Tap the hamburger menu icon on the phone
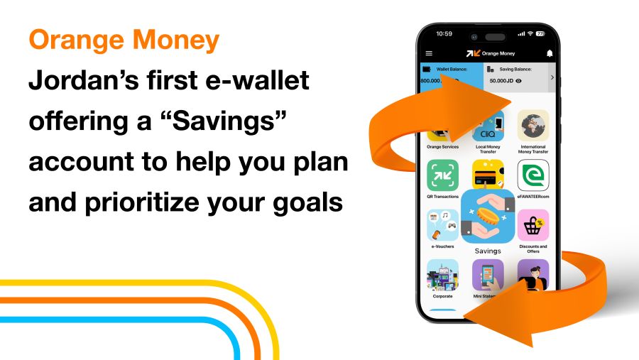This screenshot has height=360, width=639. (429, 53)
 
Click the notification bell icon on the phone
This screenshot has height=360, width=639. (549, 53)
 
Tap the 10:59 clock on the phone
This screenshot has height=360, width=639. (444, 33)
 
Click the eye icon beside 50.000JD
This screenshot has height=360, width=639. (519, 81)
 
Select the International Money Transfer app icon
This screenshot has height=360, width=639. (533, 126)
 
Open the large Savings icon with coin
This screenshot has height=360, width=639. (488, 217)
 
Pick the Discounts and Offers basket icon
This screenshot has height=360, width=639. (533, 225)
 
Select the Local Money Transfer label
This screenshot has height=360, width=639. (487, 150)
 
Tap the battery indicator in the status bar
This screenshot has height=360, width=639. (540, 33)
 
